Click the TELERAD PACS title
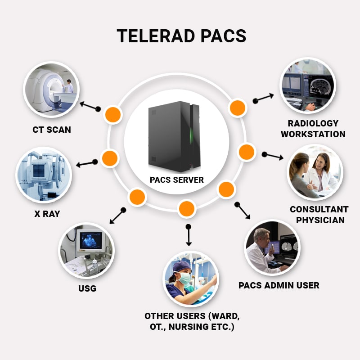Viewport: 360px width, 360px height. pyautogui.click(x=181, y=36)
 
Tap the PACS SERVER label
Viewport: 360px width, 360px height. pyautogui.click(x=177, y=180)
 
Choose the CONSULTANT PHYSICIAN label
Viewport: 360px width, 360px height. pyautogui.click(x=319, y=215)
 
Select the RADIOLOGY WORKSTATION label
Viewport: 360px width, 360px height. pyautogui.click(x=317, y=129)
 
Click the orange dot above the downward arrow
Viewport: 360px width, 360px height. pyautogui.click(x=186, y=209)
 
